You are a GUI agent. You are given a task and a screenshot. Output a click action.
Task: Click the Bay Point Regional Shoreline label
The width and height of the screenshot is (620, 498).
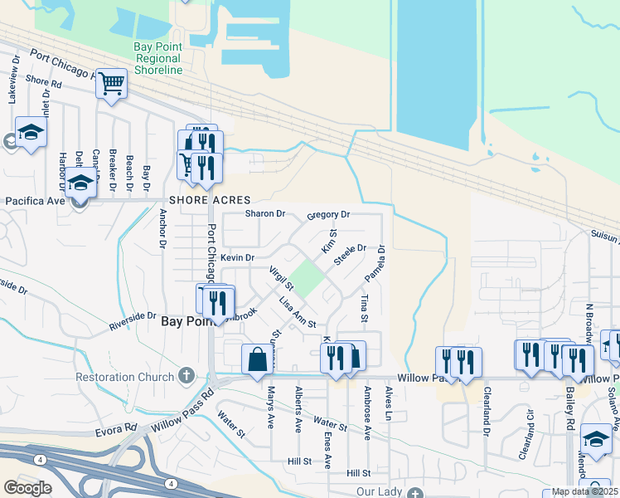pyautogui.click(x=157, y=59)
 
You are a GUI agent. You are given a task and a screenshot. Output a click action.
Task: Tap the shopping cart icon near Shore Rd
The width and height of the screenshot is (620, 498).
pyautogui.click(x=110, y=83)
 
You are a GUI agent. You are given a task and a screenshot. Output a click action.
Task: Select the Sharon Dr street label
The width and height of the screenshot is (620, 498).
pyautogui.click(x=264, y=213)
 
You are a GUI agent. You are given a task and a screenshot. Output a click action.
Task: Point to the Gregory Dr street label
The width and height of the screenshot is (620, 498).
pyautogui.click(x=328, y=215)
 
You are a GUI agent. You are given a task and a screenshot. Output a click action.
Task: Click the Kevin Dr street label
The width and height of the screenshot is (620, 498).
pyautogui.click(x=237, y=259)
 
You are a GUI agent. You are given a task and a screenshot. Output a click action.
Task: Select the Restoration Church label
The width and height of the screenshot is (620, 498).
pyautogui.click(x=127, y=377)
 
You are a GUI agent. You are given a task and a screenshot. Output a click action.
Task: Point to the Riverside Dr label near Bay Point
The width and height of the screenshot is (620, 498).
pyautogui.click(x=133, y=320)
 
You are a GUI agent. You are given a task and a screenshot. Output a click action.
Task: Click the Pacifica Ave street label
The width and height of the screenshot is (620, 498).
pyautogui.click(x=35, y=201)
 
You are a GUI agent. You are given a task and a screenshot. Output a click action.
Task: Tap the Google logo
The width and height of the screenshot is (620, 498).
pyautogui.click(x=27, y=488)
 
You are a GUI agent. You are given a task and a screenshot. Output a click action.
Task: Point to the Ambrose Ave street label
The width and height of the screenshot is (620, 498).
pyautogui.click(x=366, y=422)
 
